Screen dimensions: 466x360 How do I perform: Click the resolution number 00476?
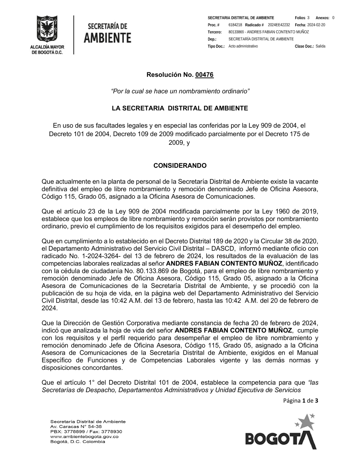[x=204, y=75]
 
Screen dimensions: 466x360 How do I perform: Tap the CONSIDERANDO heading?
[x=180, y=166]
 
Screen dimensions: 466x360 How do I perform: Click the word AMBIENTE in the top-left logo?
[x=107, y=37]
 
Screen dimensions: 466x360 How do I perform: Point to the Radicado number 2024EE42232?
[x=279, y=25]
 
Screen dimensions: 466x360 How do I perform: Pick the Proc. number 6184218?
[x=235, y=25]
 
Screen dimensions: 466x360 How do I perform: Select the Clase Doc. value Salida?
[x=320, y=46]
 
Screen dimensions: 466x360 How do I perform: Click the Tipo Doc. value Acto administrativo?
[x=243, y=46]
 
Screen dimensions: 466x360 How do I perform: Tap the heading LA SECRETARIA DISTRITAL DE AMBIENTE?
[x=180, y=108]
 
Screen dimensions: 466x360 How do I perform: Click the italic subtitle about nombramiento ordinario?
[x=180, y=91]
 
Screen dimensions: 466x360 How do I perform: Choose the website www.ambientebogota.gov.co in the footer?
[x=84, y=436]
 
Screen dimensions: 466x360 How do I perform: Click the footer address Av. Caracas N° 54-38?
[x=76, y=426]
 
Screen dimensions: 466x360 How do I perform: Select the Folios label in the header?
[x=300, y=18]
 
